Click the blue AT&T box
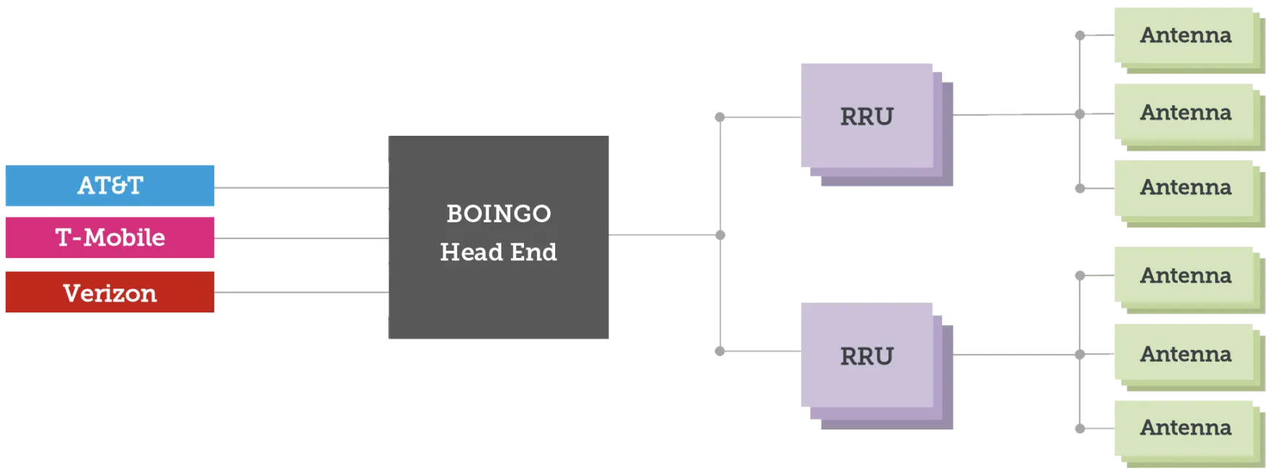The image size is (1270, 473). (x=110, y=186)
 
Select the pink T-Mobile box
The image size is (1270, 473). (x=110, y=238)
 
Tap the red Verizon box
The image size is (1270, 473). (x=110, y=293)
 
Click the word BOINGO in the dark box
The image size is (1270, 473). (x=499, y=214)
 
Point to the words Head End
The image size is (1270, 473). (x=499, y=252)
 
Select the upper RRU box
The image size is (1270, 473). (x=866, y=116)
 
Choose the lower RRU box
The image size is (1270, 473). (x=866, y=356)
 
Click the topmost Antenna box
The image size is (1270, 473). (x=1184, y=35)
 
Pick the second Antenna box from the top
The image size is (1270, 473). (x=1184, y=113)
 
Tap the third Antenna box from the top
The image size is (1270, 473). (x=1184, y=187)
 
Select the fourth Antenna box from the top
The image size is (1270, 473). (x=1184, y=275)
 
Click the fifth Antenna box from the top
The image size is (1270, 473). (x=1184, y=354)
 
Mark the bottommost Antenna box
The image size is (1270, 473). (x=1184, y=427)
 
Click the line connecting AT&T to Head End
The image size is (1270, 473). (x=299, y=189)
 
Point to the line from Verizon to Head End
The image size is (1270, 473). (x=299, y=294)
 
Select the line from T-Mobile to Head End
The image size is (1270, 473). (x=299, y=238)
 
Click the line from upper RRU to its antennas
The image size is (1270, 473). (x=1016, y=113)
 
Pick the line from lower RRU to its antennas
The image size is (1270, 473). (x=1016, y=354)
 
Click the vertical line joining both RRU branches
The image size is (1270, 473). (x=720, y=291)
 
